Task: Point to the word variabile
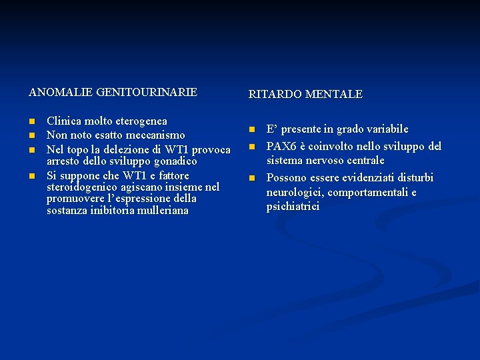pyautogui.click(x=384, y=129)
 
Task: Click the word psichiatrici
pyautogui.click(x=293, y=207)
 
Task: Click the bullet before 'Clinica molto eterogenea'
pyautogui.click(x=31, y=122)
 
